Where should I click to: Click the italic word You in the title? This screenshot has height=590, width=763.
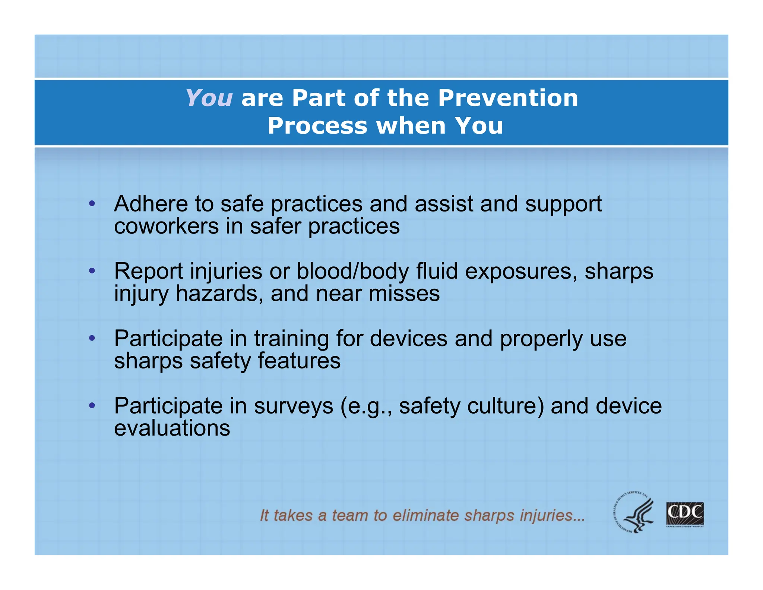[x=209, y=98]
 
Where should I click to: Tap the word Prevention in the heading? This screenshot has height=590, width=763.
[x=508, y=98]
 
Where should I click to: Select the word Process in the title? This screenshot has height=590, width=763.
[x=317, y=126]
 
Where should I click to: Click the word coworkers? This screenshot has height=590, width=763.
[x=166, y=226]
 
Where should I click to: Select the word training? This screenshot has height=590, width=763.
[x=292, y=339]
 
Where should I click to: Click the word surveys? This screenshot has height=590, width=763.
[x=294, y=406]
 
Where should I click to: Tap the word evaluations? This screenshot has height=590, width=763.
[x=172, y=428]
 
